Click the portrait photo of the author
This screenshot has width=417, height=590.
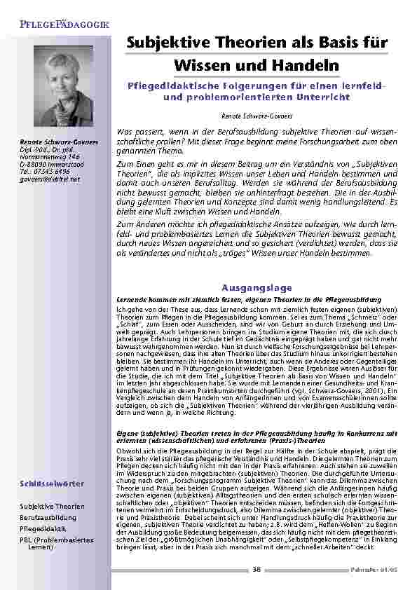(x=63, y=86)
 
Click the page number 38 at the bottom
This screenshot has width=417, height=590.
(x=257, y=569)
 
